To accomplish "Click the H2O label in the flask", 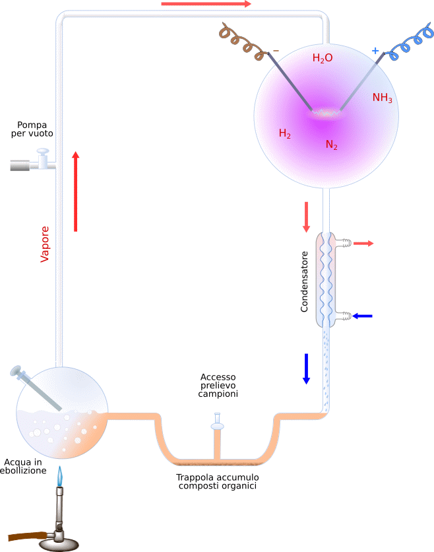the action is click(x=323, y=58).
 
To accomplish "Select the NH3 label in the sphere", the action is click(x=383, y=98).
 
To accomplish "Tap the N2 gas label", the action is click(x=331, y=145).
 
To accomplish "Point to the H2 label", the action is click(x=284, y=133).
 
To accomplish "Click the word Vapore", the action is click(x=44, y=244).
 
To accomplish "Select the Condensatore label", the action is click(x=304, y=282).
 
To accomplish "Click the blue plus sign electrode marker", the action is click(x=375, y=51).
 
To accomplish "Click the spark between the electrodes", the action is click(x=326, y=113).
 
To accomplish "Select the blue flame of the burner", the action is click(x=60, y=476).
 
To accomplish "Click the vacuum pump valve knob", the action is click(x=43, y=152).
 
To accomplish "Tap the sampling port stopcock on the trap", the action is click(x=218, y=422).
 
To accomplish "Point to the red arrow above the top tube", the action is click(x=206, y=4).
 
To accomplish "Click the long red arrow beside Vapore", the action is click(x=76, y=191).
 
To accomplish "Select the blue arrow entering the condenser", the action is click(x=362, y=316).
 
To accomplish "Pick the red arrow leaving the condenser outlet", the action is click(x=363, y=243).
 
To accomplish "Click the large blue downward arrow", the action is click(x=306, y=368).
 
